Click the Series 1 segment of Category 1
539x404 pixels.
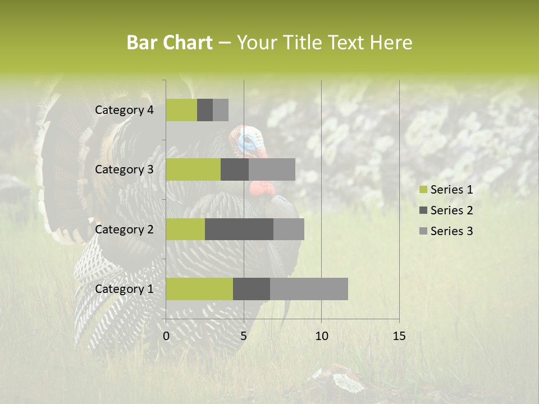point(199,289)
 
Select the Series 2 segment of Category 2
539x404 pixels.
point(239,229)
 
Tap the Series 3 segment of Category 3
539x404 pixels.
point(272,169)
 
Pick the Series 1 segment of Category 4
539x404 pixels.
point(181,110)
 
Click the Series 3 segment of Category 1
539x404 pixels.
point(309,289)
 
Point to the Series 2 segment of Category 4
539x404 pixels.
point(205,110)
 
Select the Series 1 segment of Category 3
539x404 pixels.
point(193,169)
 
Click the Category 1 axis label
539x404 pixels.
point(124,289)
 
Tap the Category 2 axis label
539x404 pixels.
point(124,229)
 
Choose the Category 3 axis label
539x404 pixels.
point(124,169)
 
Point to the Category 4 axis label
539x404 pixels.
point(124,110)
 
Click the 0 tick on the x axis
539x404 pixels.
point(166,336)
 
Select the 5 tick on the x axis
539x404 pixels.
point(244,336)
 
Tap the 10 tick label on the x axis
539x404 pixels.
point(321,336)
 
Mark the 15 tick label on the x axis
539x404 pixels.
point(399,336)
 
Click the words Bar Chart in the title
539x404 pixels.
point(170,43)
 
